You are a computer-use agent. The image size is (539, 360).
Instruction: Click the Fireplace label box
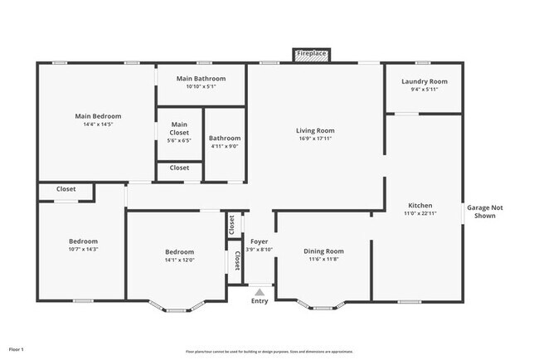(x=312, y=55)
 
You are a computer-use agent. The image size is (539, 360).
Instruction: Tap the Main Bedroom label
(x=98, y=116)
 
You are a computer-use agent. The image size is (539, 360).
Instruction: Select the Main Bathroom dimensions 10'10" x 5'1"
(x=201, y=86)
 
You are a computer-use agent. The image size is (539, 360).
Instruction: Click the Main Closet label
(x=179, y=128)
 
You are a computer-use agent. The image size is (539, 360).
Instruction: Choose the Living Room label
(x=315, y=130)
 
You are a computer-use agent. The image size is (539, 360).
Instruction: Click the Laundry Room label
(x=424, y=81)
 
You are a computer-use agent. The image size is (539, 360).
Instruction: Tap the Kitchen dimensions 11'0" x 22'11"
(x=420, y=213)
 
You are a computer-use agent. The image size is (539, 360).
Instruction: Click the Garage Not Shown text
(x=484, y=212)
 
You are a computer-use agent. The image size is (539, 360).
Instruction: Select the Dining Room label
(x=323, y=251)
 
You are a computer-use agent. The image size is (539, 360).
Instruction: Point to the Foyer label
(x=260, y=241)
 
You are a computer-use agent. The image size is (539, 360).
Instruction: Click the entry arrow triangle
(x=260, y=292)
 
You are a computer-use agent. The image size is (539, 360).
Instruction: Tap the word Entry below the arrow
(x=260, y=301)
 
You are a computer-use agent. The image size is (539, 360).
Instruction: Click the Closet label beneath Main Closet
(x=179, y=168)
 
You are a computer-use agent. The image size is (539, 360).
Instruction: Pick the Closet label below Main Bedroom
(x=66, y=189)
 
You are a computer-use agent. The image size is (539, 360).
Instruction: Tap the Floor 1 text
(x=17, y=350)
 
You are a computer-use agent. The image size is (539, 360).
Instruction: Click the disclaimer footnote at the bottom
(x=270, y=351)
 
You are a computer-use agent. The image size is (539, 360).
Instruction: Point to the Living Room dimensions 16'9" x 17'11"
(x=315, y=139)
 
